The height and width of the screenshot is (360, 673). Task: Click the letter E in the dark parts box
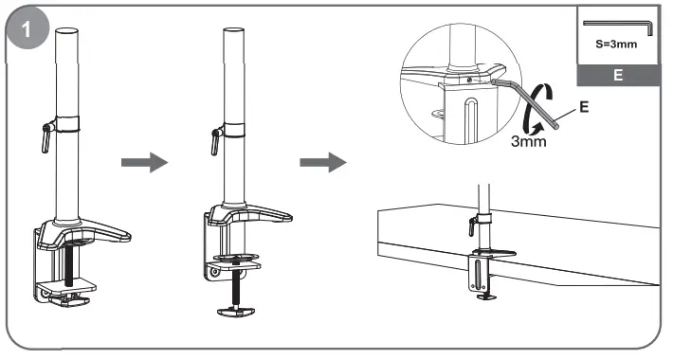coord(617,75)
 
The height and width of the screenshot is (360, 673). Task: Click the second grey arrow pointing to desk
coord(319,163)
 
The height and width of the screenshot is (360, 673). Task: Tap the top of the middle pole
coord(231,31)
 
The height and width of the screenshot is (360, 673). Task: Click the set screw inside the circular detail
coord(471,81)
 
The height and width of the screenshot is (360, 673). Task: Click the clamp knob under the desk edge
coord(486,296)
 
